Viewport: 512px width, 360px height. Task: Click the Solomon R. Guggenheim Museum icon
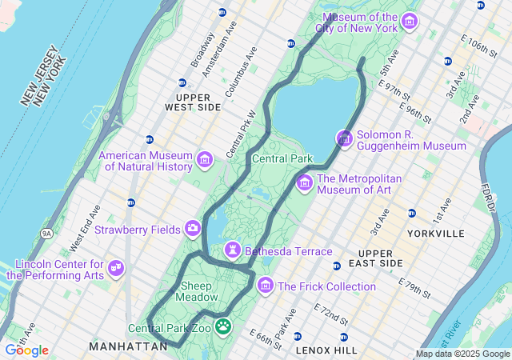[x=344, y=139]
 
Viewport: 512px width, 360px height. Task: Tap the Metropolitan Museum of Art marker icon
[x=304, y=184]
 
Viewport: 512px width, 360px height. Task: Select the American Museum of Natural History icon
[x=204, y=160]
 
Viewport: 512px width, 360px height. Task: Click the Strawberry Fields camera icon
[x=193, y=230]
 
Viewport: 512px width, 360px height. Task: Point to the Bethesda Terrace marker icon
[x=233, y=250]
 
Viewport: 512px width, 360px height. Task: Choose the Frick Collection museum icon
[x=265, y=286]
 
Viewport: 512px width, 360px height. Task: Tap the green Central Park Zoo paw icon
[x=224, y=327]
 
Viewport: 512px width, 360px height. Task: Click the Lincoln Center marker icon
[x=116, y=267]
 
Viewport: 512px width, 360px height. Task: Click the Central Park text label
[x=282, y=158]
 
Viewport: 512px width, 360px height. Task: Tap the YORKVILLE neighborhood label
[x=435, y=234]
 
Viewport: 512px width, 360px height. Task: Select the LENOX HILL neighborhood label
[x=326, y=350]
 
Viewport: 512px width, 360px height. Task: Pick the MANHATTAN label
[x=128, y=346]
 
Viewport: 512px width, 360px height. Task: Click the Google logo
[x=26, y=350]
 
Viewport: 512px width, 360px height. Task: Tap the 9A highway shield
[x=47, y=233]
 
